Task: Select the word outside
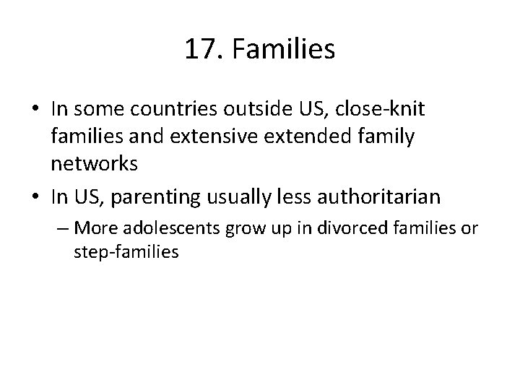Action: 252,109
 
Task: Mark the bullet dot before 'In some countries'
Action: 36,110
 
